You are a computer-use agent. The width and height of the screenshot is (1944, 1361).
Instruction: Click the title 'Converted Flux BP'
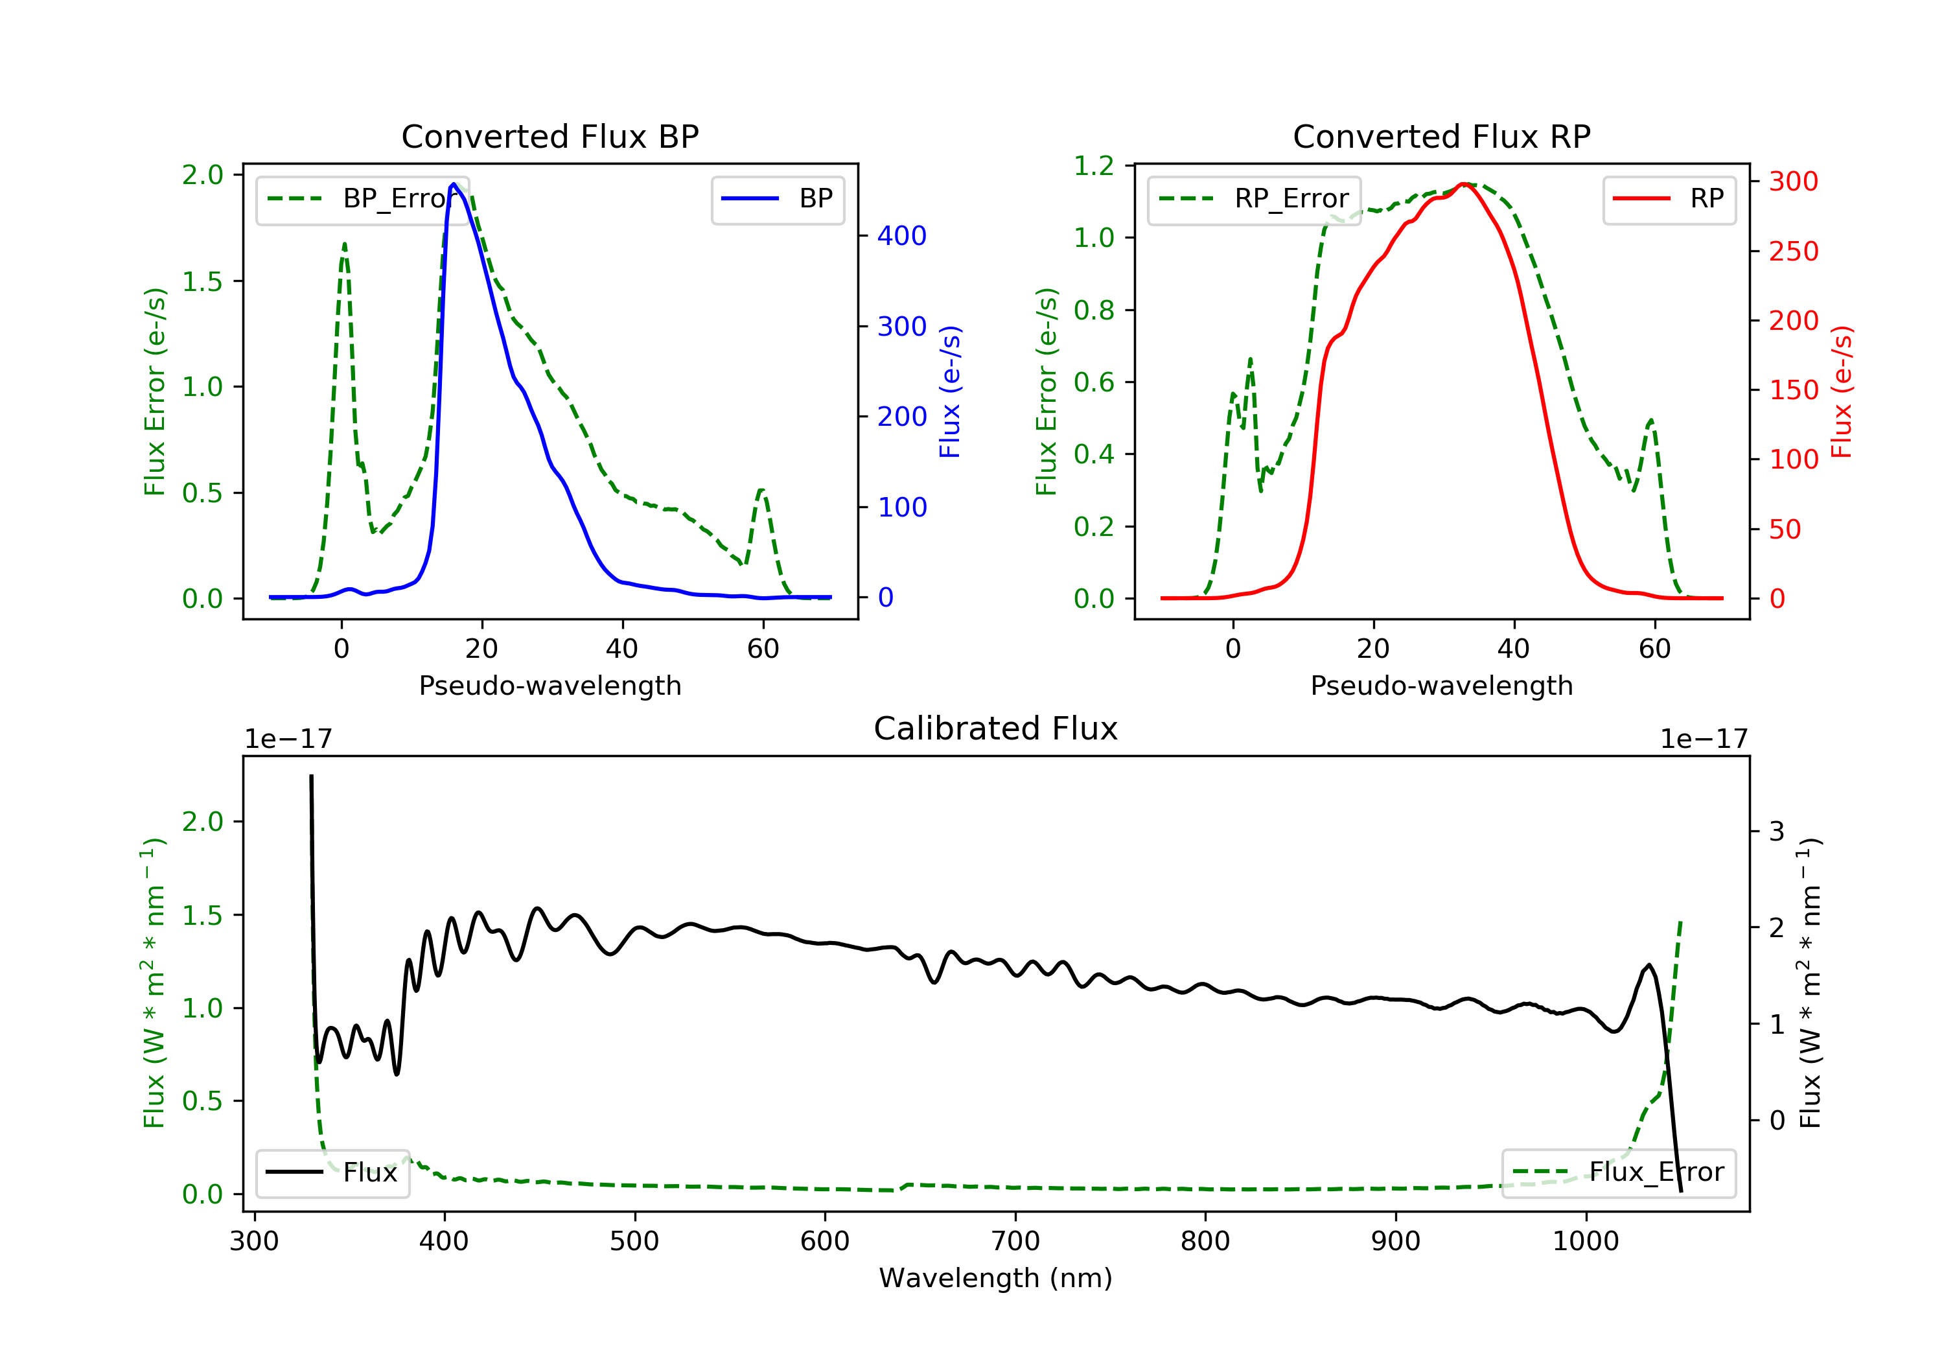(x=550, y=136)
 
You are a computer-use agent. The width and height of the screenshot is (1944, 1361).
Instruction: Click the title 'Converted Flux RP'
(x=1441, y=136)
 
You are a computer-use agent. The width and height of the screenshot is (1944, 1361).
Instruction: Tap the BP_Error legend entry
(x=362, y=199)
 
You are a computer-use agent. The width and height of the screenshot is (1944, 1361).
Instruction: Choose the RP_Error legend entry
(x=1254, y=199)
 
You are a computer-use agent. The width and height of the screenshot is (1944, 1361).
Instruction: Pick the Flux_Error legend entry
(x=1618, y=1172)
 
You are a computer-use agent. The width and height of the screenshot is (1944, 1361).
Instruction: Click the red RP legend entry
(x=1669, y=199)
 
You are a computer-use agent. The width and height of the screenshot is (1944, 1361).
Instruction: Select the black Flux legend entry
(x=332, y=1172)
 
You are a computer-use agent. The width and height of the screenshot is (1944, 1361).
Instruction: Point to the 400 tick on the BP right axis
(x=901, y=235)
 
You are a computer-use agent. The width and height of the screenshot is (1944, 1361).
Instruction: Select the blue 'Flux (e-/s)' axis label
(x=950, y=391)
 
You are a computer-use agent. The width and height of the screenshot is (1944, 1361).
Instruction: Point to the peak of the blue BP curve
(x=454, y=184)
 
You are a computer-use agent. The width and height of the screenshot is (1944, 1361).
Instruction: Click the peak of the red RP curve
(x=1464, y=184)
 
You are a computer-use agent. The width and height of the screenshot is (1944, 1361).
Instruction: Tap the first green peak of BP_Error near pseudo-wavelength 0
(x=343, y=245)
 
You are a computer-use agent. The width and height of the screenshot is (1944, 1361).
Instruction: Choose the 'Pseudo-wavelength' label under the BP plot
(x=550, y=685)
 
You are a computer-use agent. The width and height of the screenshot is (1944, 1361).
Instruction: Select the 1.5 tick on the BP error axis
(x=203, y=281)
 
